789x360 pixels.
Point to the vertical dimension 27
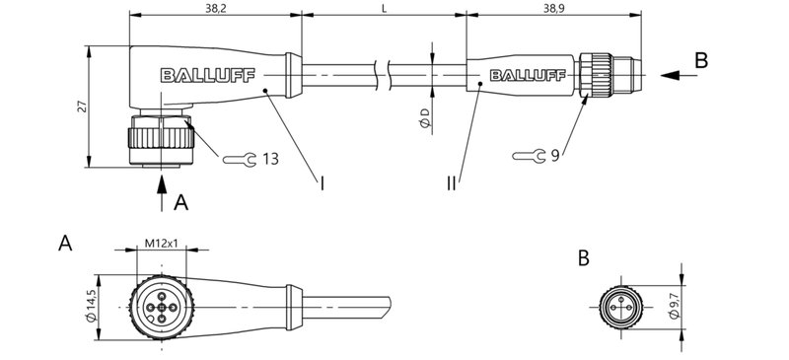click(80, 107)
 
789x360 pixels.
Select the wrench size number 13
click(270, 158)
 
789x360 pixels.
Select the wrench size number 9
click(555, 154)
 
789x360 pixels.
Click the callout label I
click(322, 182)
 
